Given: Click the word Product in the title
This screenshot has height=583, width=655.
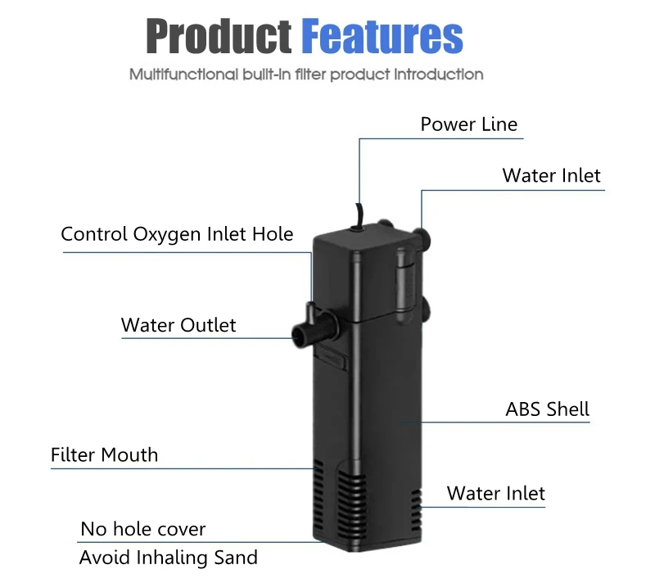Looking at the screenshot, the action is coord(219,37).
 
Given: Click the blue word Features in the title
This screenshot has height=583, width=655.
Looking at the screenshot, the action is coord(382,36).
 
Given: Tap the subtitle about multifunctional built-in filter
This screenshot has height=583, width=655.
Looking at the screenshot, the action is coord(306,75).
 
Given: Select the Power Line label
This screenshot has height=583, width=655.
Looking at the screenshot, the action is coord(468,124).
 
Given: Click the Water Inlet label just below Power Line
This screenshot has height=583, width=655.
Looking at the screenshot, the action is coord(551,175).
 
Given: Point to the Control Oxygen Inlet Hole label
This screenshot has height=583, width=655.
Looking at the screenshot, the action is coord(177,234).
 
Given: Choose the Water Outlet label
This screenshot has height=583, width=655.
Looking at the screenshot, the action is coord(178,325).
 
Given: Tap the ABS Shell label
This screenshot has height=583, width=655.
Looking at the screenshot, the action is coord(547,409).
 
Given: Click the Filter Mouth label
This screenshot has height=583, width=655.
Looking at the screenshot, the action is coord(105,454).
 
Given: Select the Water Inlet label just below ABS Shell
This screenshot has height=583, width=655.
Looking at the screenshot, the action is coord(496,493).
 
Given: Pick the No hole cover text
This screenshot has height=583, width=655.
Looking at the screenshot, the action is coord(142,529).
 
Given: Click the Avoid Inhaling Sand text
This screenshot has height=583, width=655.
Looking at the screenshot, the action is coord(169,558).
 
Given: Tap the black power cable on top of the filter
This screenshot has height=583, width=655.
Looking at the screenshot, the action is coord(359,216).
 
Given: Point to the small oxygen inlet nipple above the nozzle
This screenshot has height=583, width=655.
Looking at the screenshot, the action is coord(310,311).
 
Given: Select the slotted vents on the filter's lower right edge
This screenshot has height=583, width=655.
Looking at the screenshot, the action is coord(416,510).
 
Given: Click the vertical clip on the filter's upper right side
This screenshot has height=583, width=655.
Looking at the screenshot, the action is coord(404,283).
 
